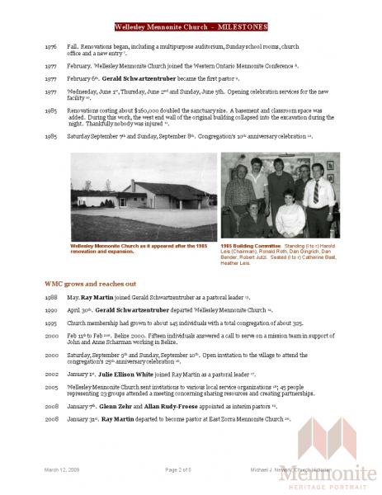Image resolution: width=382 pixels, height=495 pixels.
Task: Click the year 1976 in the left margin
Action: coord(51,49)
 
